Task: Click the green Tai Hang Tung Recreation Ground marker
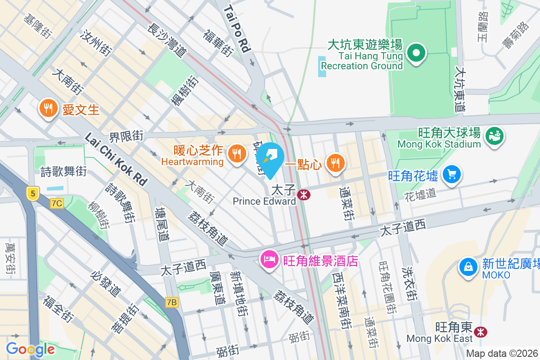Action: pos(416,53)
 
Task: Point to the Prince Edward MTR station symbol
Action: pos(304,195)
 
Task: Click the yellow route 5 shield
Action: pos(32,193)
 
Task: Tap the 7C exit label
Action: pos(57,203)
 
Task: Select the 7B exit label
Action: pos(171,302)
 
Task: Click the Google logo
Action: pos(30,349)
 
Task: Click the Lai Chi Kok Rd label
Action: pos(116,159)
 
